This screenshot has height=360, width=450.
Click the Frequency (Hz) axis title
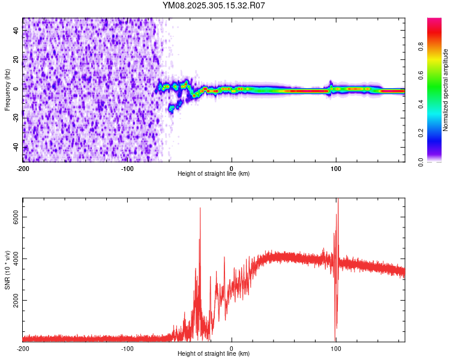pos(7,91)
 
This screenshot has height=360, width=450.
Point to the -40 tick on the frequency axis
pos(16,148)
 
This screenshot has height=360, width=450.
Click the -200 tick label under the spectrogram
pos(23,167)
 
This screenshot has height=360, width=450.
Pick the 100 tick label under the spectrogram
pos(337,167)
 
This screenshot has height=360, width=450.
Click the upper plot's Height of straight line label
pos(214,174)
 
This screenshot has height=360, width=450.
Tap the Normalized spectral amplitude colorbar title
pos(445,90)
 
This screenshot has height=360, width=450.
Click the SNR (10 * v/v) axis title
pos(7,270)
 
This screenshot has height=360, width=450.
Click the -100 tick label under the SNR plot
pos(127,348)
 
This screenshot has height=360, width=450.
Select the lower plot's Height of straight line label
pos(214,354)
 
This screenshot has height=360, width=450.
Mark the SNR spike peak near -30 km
pos(200,209)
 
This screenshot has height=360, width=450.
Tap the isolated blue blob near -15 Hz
pos(173,107)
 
